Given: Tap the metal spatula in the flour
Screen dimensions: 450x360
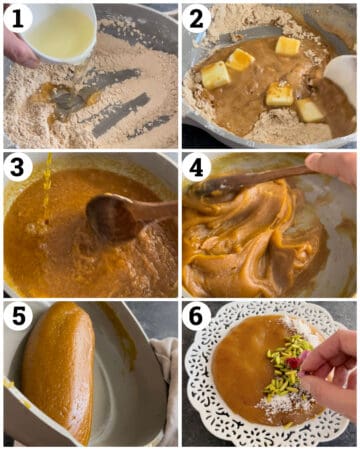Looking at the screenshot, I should coord(70,101).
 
